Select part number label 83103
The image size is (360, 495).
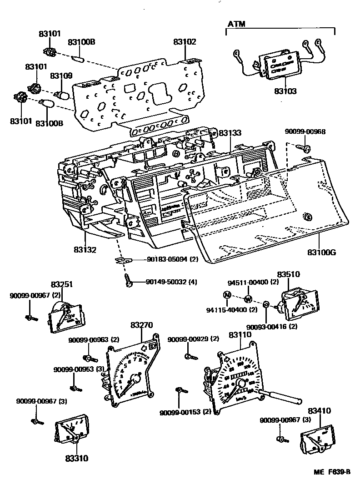coord(285,91)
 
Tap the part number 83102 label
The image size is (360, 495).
coord(184,42)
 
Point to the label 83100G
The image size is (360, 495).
coord(321,252)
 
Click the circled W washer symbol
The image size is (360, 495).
coord(248,299)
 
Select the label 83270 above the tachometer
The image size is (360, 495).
coord(141,325)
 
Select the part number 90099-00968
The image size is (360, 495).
coord(305,132)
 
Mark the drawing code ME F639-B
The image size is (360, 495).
coord(332,472)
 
